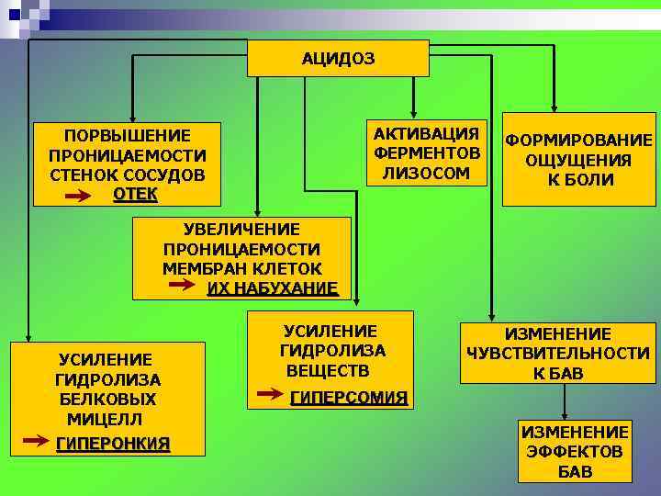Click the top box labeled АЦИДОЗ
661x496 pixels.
click(x=339, y=58)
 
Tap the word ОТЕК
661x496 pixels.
click(x=135, y=194)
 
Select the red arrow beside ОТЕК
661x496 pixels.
click(x=79, y=195)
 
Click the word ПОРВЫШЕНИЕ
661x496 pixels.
click(x=128, y=135)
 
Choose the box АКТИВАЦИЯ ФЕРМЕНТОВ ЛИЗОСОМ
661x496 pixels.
click(x=426, y=152)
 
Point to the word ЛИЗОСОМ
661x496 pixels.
click(x=426, y=172)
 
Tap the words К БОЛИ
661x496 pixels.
click(x=580, y=180)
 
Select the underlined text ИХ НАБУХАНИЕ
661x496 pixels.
click(x=272, y=288)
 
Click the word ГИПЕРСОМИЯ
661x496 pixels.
click(x=348, y=398)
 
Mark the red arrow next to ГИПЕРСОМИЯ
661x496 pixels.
click(x=271, y=396)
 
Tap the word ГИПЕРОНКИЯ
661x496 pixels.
click(x=113, y=444)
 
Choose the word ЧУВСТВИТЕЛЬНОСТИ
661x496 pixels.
click(x=558, y=354)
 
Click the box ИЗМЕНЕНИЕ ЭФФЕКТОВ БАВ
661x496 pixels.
click(x=575, y=451)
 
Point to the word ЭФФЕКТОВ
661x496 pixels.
click(x=575, y=452)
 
